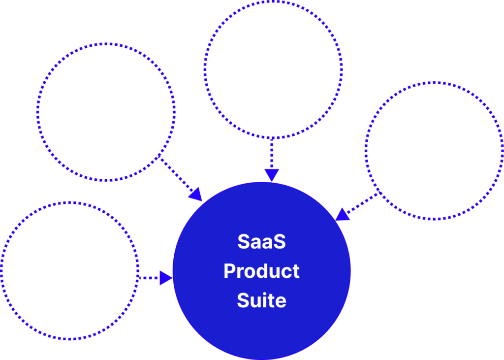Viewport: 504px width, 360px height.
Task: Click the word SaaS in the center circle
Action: (261, 242)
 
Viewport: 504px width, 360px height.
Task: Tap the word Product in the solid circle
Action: (261, 271)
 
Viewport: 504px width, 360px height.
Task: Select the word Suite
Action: (261, 300)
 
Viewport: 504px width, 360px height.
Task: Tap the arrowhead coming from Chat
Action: (343, 214)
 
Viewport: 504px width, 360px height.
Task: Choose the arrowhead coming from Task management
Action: (166, 278)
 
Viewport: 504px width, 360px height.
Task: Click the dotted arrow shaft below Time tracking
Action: (272, 154)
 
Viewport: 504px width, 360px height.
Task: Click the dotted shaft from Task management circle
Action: (149, 278)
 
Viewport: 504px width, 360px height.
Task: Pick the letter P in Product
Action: (229, 271)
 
